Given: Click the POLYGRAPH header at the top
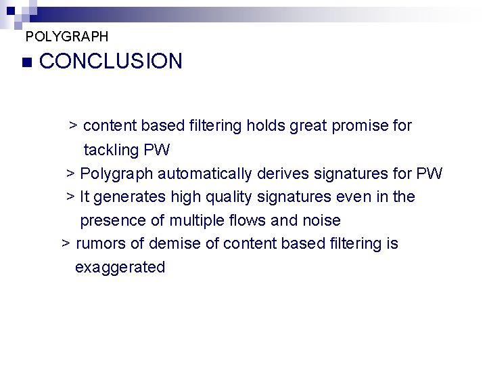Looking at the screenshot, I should click(x=66, y=36).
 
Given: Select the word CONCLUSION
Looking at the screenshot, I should click(x=111, y=62).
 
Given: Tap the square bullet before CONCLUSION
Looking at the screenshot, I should click(x=26, y=62).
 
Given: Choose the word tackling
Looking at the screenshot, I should click(x=111, y=150).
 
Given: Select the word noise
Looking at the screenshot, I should click(x=322, y=221).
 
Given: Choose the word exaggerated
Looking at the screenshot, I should click(x=120, y=268).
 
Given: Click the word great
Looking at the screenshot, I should click(x=308, y=126).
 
